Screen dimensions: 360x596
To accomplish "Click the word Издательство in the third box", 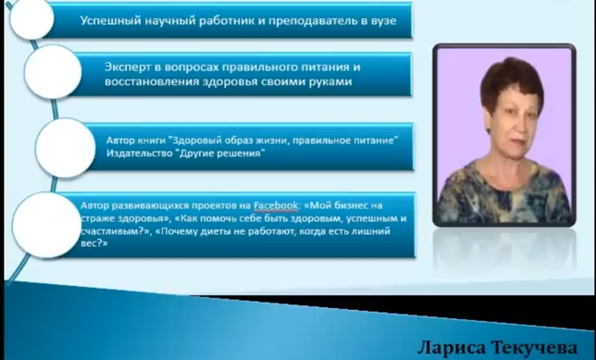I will click(x=139, y=154).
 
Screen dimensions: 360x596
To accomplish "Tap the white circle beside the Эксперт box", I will click(x=53, y=72).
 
